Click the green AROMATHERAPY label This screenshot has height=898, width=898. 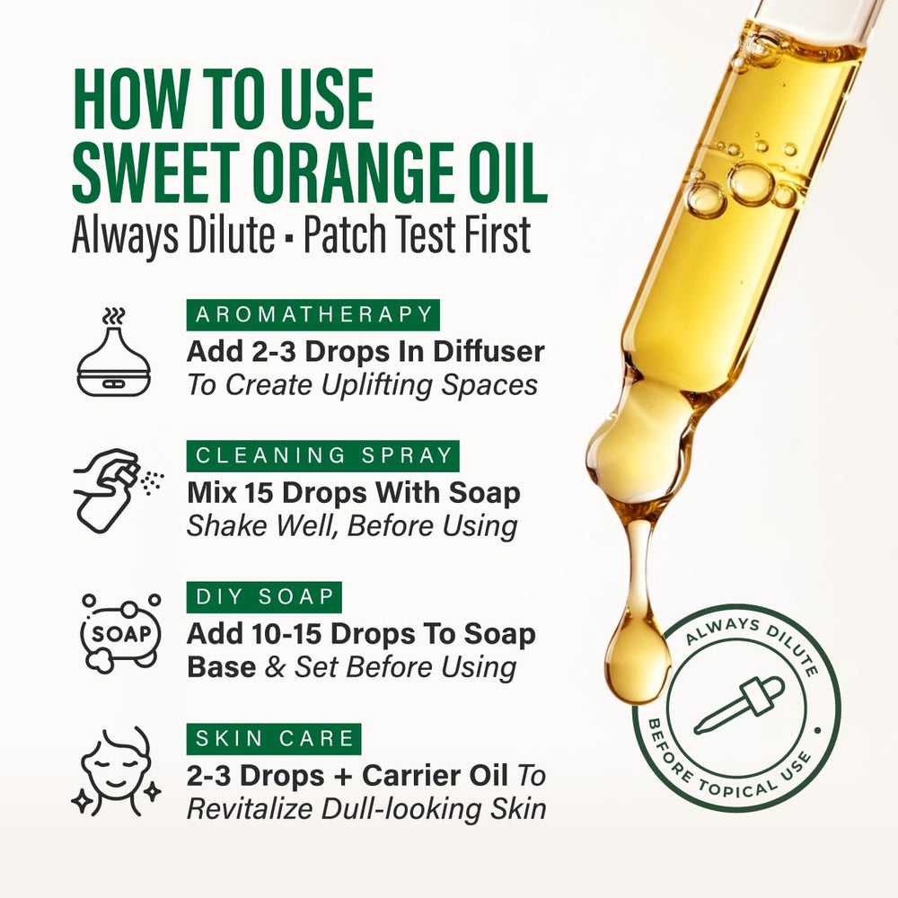tap(313, 314)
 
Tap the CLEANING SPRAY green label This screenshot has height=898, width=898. tap(323, 456)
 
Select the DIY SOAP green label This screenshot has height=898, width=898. tap(264, 597)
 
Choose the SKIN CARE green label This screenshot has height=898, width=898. tap(274, 739)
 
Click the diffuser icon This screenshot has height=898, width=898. tap(113, 352)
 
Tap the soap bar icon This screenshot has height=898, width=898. tap(120, 633)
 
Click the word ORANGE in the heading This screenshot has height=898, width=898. tap(348, 172)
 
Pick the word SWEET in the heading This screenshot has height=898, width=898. tap(155, 172)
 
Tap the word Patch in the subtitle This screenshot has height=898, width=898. tap(346, 234)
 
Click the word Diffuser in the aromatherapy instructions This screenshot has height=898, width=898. tap(489, 351)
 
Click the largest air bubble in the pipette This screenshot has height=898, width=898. tap(751, 184)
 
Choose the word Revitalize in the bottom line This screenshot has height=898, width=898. tap(250, 809)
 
